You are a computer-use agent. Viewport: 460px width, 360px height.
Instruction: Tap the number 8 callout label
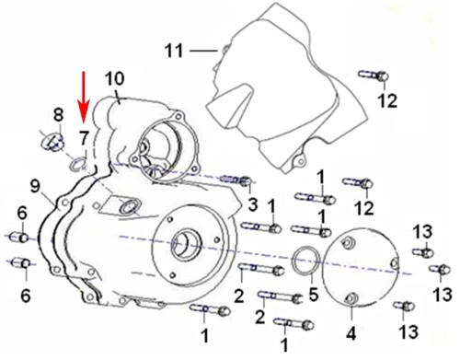pyautogui.click(x=57, y=115)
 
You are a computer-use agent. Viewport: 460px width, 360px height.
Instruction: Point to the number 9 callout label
pyautogui.click(x=36, y=188)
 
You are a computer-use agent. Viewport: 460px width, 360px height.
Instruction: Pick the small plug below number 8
pyautogui.click(x=53, y=142)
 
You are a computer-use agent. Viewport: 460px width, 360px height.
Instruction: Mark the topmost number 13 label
pyautogui.click(x=422, y=229)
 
